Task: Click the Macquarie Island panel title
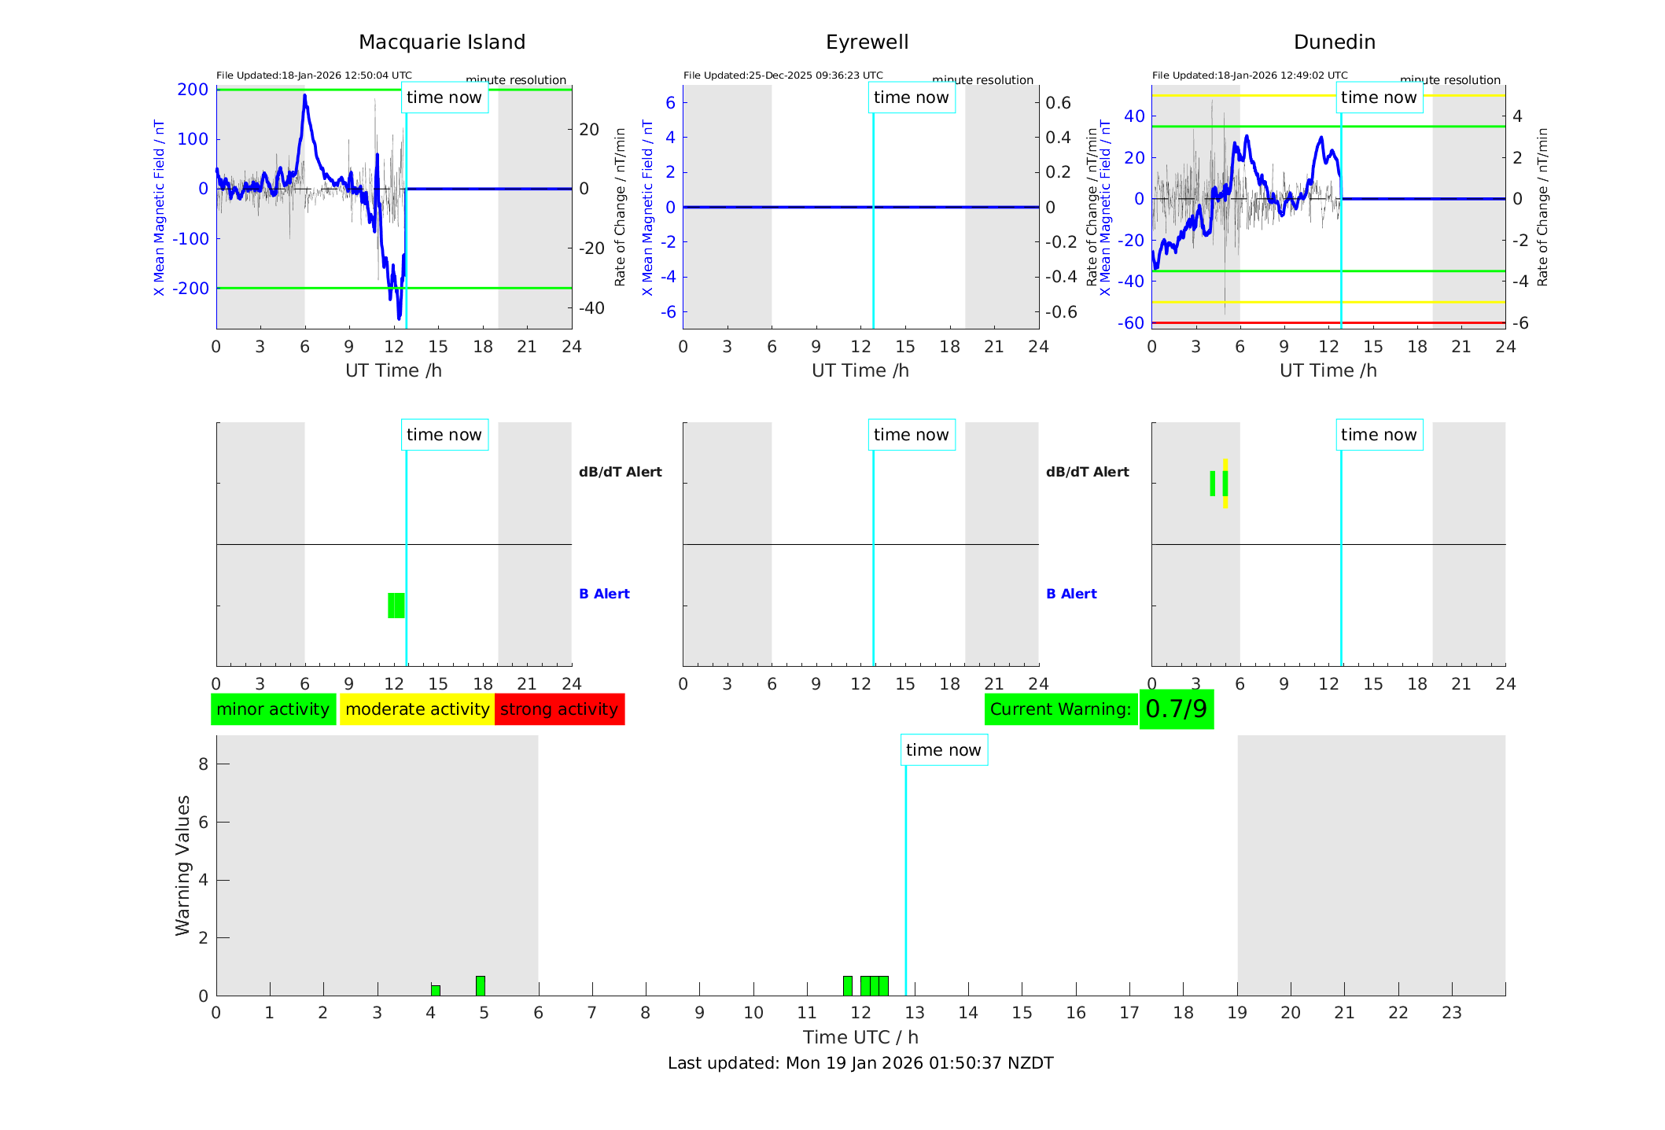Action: [442, 42]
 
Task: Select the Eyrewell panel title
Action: [867, 42]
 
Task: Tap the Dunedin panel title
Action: [1334, 42]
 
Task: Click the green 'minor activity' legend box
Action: [273, 709]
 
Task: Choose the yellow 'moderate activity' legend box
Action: [417, 709]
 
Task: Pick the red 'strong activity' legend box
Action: [559, 709]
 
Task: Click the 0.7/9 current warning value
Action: [1176, 709]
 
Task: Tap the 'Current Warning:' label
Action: [1060, 709]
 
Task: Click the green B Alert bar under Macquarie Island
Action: [396, 605]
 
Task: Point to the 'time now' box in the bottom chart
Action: [944, 750]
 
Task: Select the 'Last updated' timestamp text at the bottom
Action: [860, 1063]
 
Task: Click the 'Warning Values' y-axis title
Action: [183, 865]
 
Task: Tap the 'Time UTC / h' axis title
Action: [860, 1037]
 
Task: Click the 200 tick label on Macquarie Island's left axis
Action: [193, 90]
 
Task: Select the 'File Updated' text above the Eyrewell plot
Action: [783, 75]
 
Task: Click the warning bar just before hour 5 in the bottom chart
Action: [481, 985]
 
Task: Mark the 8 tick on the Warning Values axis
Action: [203, 764]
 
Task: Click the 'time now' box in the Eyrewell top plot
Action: [911, 98]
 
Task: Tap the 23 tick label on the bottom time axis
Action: [1451, 1013]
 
